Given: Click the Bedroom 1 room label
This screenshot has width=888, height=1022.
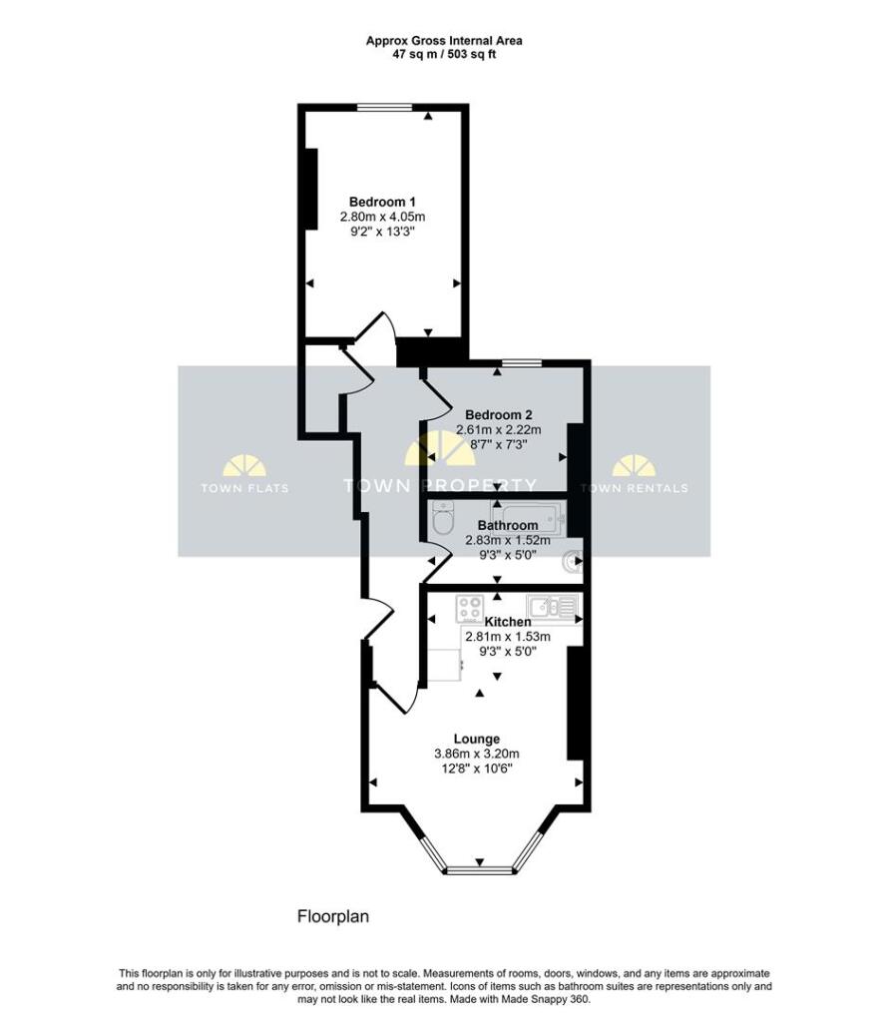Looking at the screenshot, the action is [382, 202].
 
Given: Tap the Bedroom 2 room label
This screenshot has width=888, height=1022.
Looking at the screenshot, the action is [499, 414].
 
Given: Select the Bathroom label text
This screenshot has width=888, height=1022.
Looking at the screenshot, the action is [508, 525].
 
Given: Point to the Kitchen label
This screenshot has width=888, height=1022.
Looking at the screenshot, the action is [508, 622].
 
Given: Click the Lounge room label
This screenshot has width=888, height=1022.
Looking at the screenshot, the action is [477, 740].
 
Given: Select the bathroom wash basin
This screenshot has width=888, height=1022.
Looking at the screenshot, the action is [573, 561].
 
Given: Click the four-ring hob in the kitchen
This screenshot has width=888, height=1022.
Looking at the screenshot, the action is [469, 609].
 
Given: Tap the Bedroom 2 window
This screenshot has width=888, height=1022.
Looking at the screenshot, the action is [520, 363].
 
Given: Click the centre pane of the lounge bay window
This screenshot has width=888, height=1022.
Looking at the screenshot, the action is [479, 869].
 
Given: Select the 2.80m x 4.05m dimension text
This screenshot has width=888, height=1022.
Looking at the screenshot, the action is [382, 217].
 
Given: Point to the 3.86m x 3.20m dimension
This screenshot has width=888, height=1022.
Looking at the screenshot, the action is [477, 755].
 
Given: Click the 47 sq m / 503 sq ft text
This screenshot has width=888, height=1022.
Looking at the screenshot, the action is [444, 54].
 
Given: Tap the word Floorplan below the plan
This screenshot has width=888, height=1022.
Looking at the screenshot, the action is [333, 916].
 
